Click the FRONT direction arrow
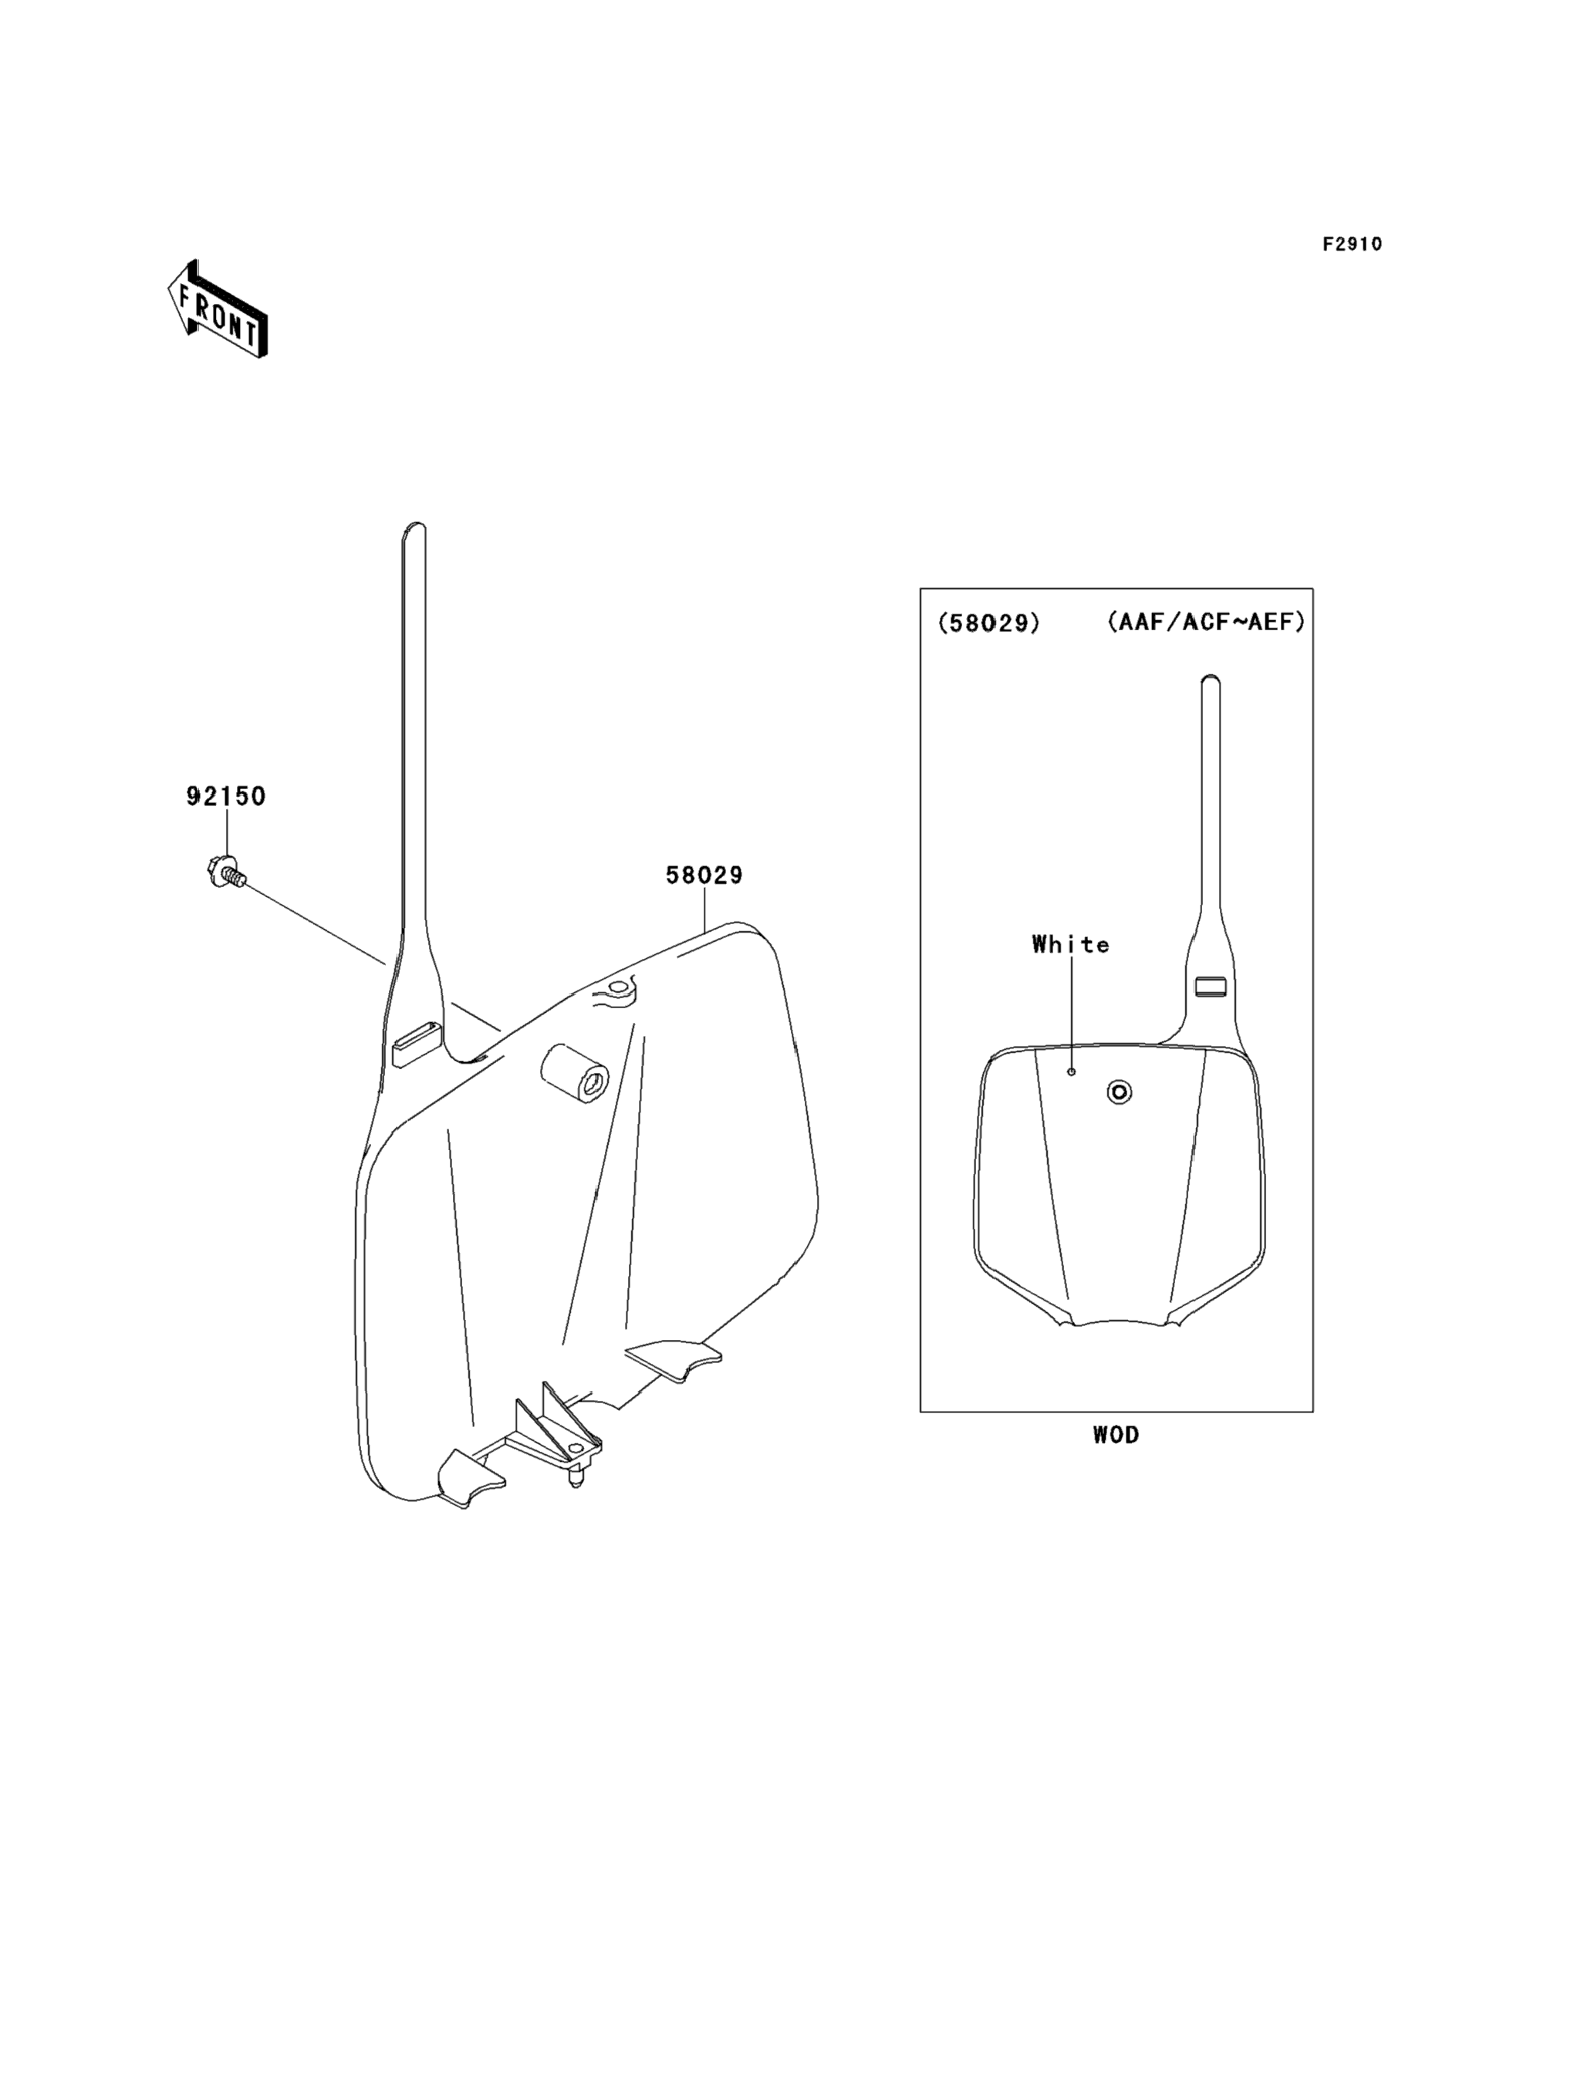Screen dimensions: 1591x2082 tap(217, 309)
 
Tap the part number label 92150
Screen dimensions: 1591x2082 tap(225, 796)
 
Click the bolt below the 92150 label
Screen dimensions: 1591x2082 tap(225, 871)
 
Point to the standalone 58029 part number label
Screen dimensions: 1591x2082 tap(704, 875)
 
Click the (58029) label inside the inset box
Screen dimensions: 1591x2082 tap(988, 623)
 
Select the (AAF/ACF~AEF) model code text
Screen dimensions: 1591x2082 tap(1205, 622)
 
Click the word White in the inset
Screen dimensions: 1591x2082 tap(1070, 944)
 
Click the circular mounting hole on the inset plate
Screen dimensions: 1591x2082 tap(1119, 1092)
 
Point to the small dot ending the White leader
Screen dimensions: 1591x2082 tap(1071, 1071)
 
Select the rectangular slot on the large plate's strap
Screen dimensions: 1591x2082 tap(416, 1044)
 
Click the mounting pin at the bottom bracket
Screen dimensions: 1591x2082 tap(574, 1479)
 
